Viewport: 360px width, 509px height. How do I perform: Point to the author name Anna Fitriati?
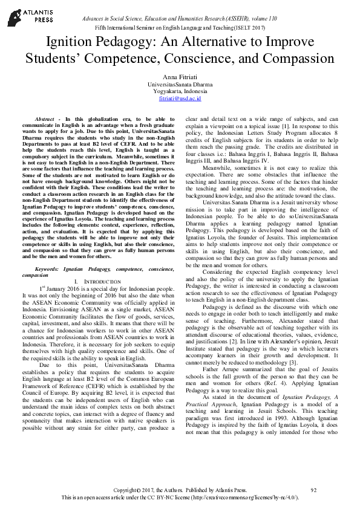pos(179,76)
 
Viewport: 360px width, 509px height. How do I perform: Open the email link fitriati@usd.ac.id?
pos(180,98)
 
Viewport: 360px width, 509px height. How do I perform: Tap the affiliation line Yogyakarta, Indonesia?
pos(180,91)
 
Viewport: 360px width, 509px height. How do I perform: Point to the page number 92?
pos(313,490)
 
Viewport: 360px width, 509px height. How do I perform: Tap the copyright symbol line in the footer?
pos(180,490)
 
